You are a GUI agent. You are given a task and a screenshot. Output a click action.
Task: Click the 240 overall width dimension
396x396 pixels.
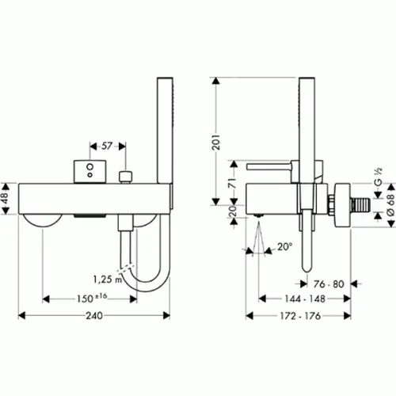pyautogui.click(x=94, y=315)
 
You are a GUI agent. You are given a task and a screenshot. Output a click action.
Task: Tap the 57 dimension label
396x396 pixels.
pyautogui.click(x=107, y=146)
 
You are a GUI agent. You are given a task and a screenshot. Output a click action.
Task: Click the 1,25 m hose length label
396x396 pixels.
pyautogui.click(x=108, y=279)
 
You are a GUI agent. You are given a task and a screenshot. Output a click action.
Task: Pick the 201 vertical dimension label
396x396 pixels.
pyautogui.click(x=216, y=143)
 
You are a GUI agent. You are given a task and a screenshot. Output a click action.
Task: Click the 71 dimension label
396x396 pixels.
pyautogui.click(x=233, y=183)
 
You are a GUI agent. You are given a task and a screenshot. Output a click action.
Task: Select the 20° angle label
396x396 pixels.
pyautogui.click(x=284, y=246)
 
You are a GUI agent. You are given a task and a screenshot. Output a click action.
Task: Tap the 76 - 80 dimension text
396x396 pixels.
pyautogui.click(x=329, y=284)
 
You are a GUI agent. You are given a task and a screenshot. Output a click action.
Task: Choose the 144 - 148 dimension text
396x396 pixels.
pyautogui.click(x=305, y=299)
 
